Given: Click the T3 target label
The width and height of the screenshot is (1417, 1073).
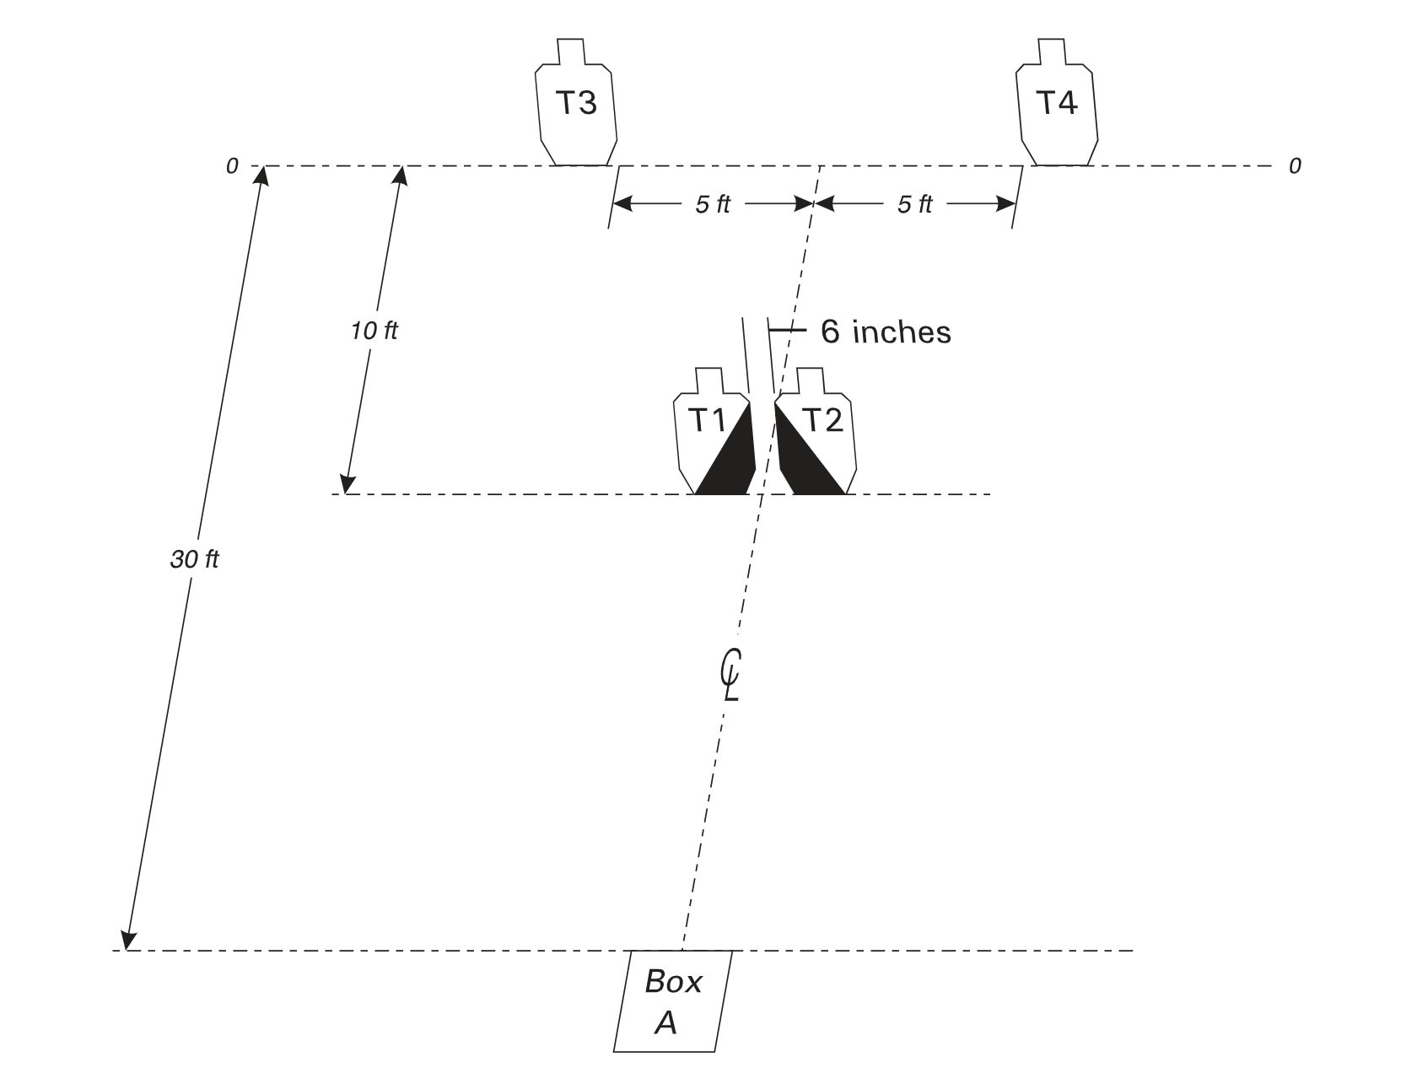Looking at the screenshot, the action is pos(576,103).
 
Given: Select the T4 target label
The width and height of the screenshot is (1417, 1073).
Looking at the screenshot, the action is pos(1056,103).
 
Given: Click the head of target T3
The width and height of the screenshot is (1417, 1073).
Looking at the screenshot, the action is pos(571,51).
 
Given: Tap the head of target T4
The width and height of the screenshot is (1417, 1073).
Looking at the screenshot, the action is pos(1052,51).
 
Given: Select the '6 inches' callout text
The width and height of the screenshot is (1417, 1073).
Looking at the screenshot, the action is pos(886,332).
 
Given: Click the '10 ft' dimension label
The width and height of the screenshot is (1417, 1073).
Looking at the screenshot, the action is pos(374,331).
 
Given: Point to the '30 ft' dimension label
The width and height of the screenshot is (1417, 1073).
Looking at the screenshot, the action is pos(194,559).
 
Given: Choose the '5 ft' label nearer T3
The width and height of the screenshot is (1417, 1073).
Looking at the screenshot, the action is pos(713,205).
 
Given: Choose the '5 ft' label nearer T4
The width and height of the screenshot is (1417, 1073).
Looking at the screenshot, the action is pos(915,205).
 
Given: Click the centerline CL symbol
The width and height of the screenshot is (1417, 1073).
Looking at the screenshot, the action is pos(730,674).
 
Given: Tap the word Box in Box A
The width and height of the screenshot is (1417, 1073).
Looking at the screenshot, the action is pos(673,982).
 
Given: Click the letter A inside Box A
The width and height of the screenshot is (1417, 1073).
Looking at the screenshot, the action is pos(666,1022).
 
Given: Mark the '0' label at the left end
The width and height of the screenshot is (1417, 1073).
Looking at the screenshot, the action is pos(233,166).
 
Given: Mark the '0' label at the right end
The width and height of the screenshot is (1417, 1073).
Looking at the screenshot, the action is pos(1295,166).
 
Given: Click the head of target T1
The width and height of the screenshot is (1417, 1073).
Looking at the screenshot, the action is pos(709,380).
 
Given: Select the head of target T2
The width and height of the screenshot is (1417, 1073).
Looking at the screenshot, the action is pos(811,380).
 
